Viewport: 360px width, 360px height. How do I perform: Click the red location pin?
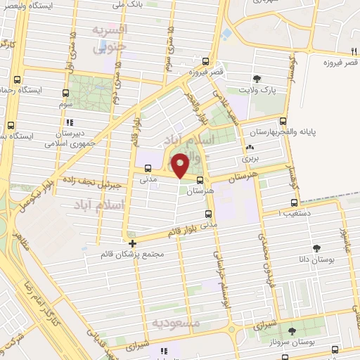181,165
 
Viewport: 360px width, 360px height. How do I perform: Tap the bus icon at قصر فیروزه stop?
205,60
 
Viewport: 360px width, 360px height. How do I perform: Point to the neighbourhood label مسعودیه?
176,323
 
